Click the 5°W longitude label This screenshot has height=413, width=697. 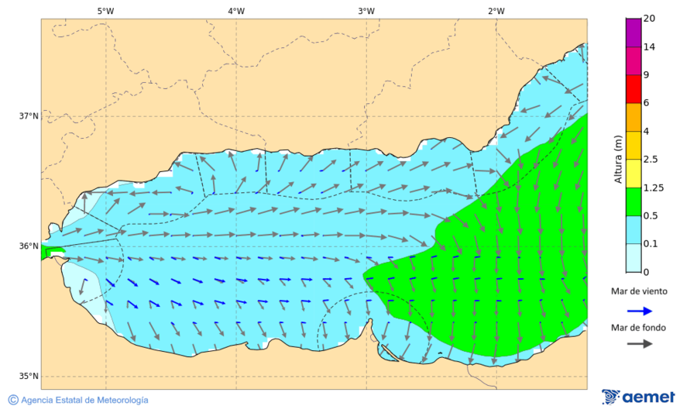[105, 11]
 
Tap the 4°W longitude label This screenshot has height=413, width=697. [236, 11]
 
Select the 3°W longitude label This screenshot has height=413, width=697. [366, 11]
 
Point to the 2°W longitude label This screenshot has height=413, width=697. [496, 11]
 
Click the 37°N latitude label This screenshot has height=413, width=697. [29, 116]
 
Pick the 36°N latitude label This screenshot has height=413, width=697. [29, 246]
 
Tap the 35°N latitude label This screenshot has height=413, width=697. [29, 377]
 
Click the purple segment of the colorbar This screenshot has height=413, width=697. [633, 33]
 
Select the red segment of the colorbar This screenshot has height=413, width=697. [633, 89]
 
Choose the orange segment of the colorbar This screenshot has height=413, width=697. [633, 117]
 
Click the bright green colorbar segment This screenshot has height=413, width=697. [633, 201]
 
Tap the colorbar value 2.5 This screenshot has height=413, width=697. [651, 160]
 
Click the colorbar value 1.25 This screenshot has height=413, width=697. [653, 188]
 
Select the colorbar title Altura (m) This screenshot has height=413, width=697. [618, 159]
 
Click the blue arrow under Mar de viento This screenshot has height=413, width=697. [638, 310]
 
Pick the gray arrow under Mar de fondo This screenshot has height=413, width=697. [638, 344]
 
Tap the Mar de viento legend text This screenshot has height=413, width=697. [638, 291]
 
